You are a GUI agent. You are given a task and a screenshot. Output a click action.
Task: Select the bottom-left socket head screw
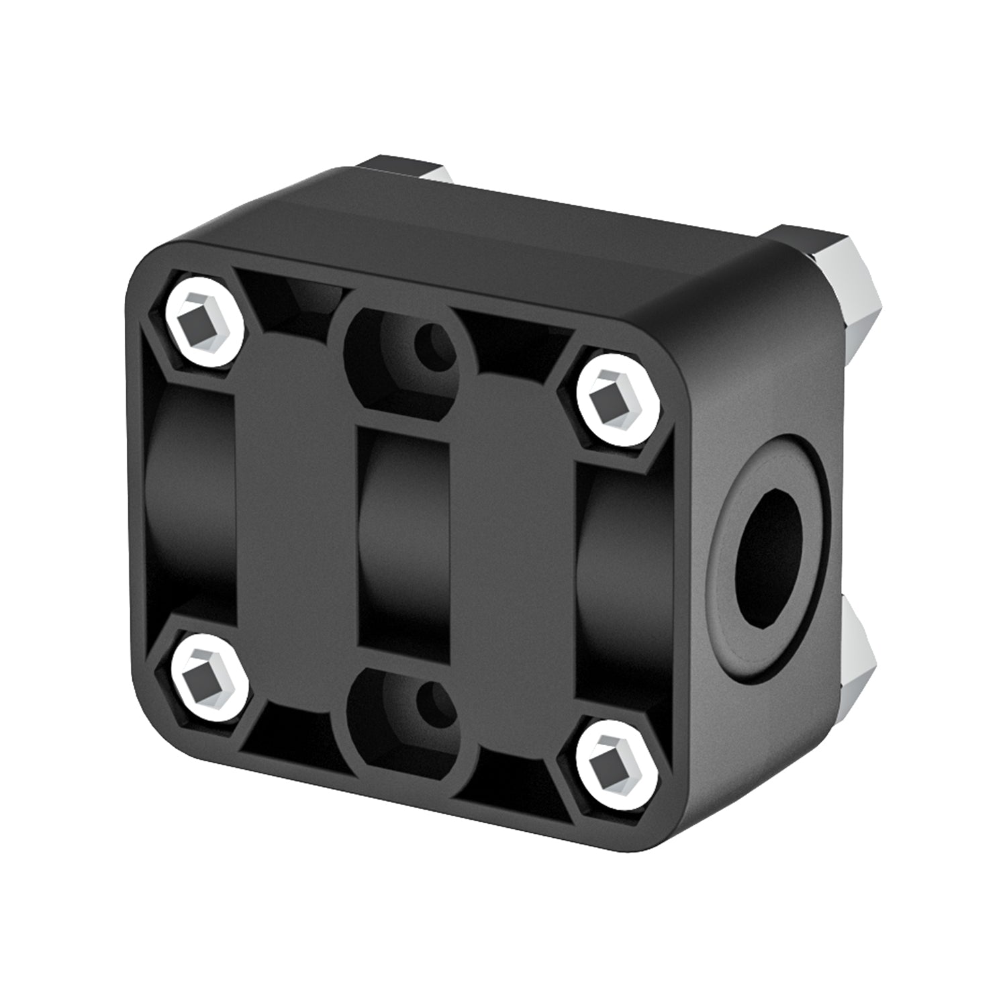coord(206,679)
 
